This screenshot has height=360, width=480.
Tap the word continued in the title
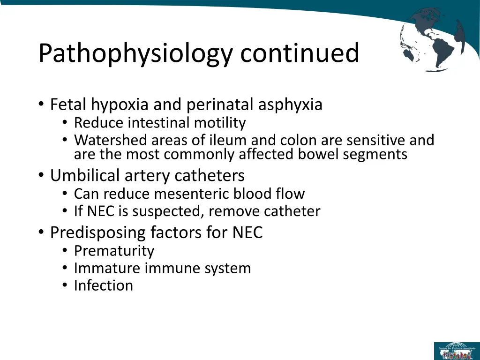tap(300, 52)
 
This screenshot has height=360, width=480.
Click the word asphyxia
tap(290, 104)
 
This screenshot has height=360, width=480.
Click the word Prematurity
tap(114, 251)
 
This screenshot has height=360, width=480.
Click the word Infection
tap(103, 285)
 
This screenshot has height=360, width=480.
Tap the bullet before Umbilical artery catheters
tap(42, 176)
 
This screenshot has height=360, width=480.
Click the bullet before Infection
tap(65, 286)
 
